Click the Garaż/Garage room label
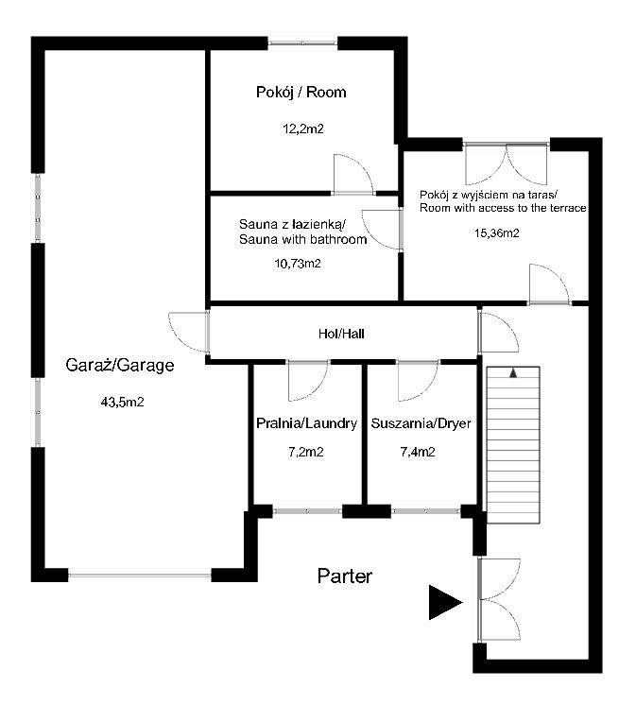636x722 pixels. pos(120,366)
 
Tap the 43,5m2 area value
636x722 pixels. pos(122,402)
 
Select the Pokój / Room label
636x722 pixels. pos(301,93)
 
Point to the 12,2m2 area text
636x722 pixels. pos(302,130)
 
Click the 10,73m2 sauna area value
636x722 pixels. pos(298,264)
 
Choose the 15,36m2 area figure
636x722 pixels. pos(495,232)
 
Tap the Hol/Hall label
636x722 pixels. pos(340,334)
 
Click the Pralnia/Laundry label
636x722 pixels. pos(306,423)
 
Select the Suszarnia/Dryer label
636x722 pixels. pos(421,423)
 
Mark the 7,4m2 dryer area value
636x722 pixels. pos(417,453)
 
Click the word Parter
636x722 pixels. pos(345,576)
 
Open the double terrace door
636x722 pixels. pos(507,162)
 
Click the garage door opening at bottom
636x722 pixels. pos(139,573)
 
